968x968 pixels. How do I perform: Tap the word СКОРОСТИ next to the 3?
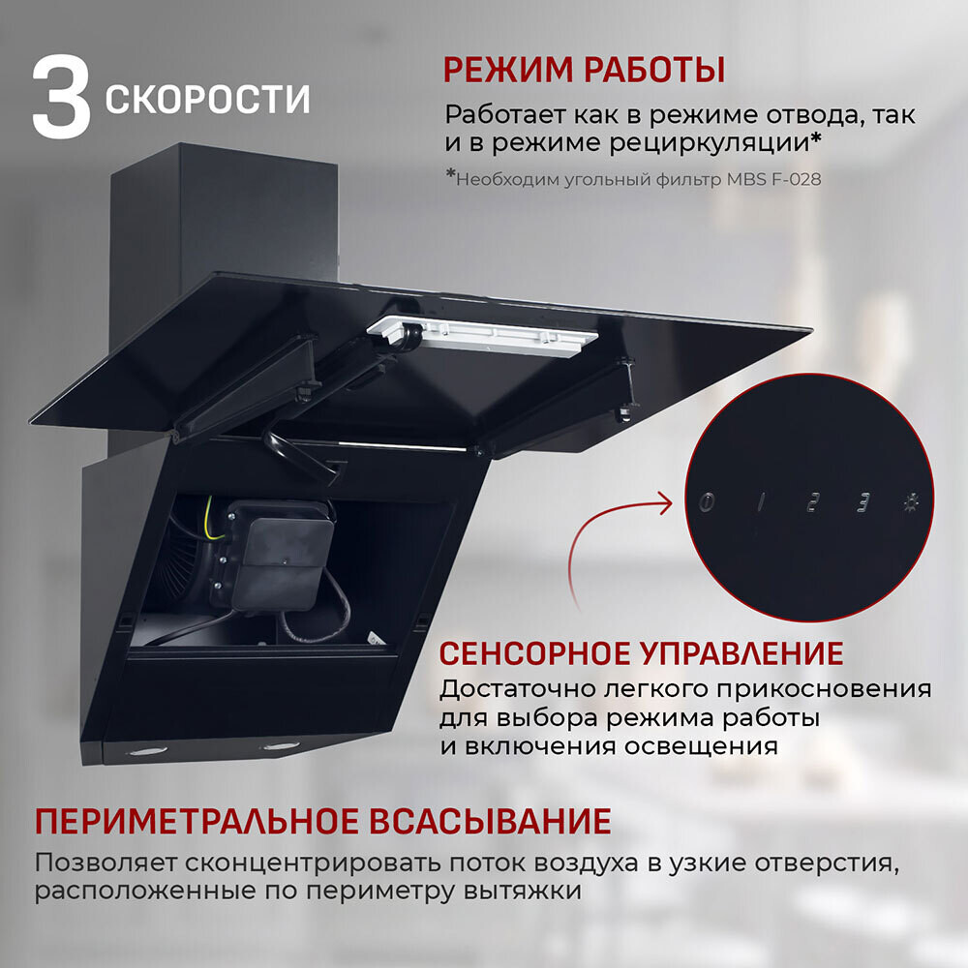coord(208,100)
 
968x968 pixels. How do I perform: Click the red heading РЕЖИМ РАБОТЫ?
coord(584,71)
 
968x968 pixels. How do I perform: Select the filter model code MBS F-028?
coord(773,179)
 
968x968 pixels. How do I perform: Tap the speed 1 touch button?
coord(761,502)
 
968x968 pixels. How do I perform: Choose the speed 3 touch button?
coord(862,502)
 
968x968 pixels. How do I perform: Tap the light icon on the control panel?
coord(910,502)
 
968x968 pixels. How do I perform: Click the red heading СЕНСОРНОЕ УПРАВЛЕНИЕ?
coord(641,653)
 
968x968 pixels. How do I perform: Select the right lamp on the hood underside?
coord(281,746)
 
